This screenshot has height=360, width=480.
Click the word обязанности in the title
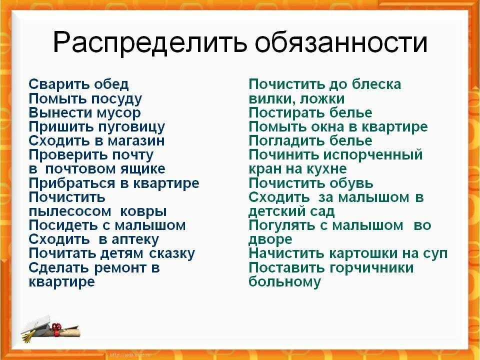click(x=340, y=42)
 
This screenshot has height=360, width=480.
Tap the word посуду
click(x=117, y=99)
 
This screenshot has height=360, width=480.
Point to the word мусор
click(x=118, y=113)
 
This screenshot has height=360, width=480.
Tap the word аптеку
click(x=135, y=239)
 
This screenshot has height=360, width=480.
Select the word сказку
click(x=172, y=254)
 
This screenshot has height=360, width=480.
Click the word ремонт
click(x=120, y=268)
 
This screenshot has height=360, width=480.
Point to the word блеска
click(x=376, y=84)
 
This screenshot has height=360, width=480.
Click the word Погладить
click(x=287, y=141)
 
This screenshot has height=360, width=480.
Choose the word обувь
click(x=351, y=183)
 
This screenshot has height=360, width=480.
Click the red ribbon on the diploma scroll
click(x=56, y=329)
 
